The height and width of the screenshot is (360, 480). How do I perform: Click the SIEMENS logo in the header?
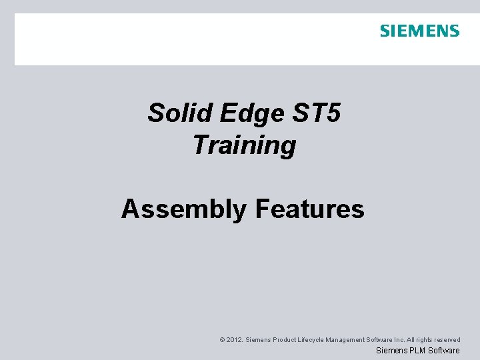point(419,31)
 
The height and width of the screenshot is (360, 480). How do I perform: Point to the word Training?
point(244,145)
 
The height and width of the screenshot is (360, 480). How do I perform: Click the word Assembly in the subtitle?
point(183,209)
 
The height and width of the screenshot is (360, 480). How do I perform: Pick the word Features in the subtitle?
point(309,209)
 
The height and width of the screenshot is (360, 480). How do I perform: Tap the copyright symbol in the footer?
point(222,340)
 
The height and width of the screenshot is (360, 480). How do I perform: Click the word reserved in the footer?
point(448,340)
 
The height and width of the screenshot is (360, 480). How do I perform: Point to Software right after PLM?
point(443,351)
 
